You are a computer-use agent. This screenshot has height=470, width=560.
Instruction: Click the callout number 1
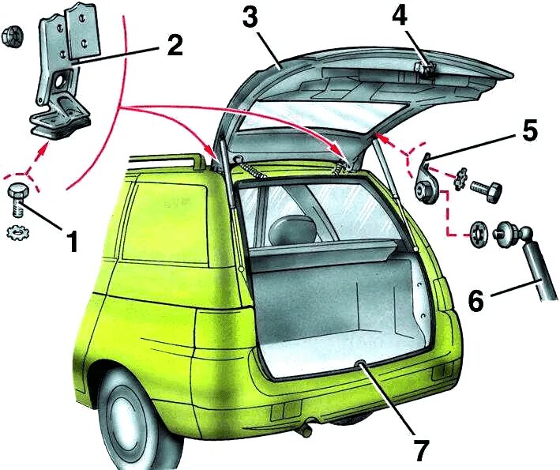click(x=72, y=240)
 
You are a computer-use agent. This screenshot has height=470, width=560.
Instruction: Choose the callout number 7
click(x=420, y=450)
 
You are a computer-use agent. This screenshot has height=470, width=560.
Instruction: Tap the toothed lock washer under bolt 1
click(x=17, y=233)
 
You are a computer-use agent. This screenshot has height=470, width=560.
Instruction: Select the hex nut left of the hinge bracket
click(x=12, y=35)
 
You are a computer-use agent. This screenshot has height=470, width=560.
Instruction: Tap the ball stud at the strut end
click(x=506, y=235)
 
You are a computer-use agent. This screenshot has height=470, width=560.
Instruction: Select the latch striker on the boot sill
click(x=360, y=365)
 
